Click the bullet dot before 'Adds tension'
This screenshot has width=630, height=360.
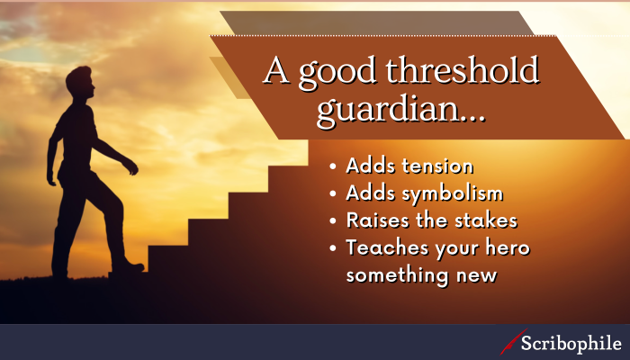tap(335, 168)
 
